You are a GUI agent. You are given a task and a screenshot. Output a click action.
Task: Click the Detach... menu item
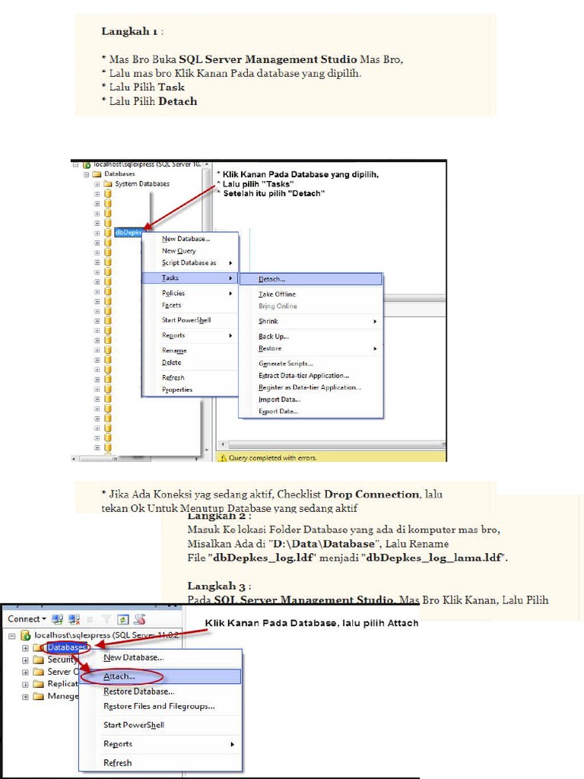tap(272, 279)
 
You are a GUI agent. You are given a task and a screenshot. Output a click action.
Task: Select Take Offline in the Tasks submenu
tap(277, 294)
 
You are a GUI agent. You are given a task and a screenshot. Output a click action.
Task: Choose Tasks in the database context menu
tap(170, 278)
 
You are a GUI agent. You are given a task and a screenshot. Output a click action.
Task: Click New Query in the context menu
tap(179, 251)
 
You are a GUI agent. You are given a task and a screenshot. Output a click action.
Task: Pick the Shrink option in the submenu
tap(268, 322)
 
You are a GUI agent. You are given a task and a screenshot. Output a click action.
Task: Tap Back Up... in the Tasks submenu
tap(274, 337)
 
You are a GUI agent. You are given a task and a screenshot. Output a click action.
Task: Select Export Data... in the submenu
tap(278, 412)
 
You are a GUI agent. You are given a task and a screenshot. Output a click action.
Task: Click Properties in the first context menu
tap(177, 389)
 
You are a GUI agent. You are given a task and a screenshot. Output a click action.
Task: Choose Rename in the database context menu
tap(174, 351)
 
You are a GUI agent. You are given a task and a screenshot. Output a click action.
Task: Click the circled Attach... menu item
tap(119, 676)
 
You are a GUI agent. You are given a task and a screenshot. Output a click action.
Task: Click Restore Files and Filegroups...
tap(159, 706)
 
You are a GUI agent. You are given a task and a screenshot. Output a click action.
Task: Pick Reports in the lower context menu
tap(118, 744)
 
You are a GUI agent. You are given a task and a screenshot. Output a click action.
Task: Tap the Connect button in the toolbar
tap(27, 619)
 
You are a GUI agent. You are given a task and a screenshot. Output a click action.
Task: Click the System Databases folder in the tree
tap(142, 184)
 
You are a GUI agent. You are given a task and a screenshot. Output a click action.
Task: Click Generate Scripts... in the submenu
tap(285, 364)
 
